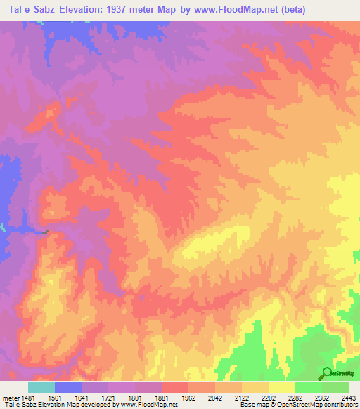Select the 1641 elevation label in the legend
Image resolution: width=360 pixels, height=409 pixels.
[x=81, y=396]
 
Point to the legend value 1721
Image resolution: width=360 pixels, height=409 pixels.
[x=108, y=396]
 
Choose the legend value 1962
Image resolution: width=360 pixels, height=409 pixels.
[x=188, y=396]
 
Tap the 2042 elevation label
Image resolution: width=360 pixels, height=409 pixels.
[x=214, y=396]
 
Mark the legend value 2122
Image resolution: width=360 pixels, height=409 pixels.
[x=241, y=396]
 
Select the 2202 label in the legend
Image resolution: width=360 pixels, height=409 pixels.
[x=268, y=396]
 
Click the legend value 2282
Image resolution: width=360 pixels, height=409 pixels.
[x=295, y=396]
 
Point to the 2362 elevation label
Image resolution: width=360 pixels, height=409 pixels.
[x=321, y=396]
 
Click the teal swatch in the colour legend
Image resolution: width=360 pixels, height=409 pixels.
[x=41, y=387]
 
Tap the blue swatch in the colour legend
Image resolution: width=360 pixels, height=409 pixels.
[x=68, y=387]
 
